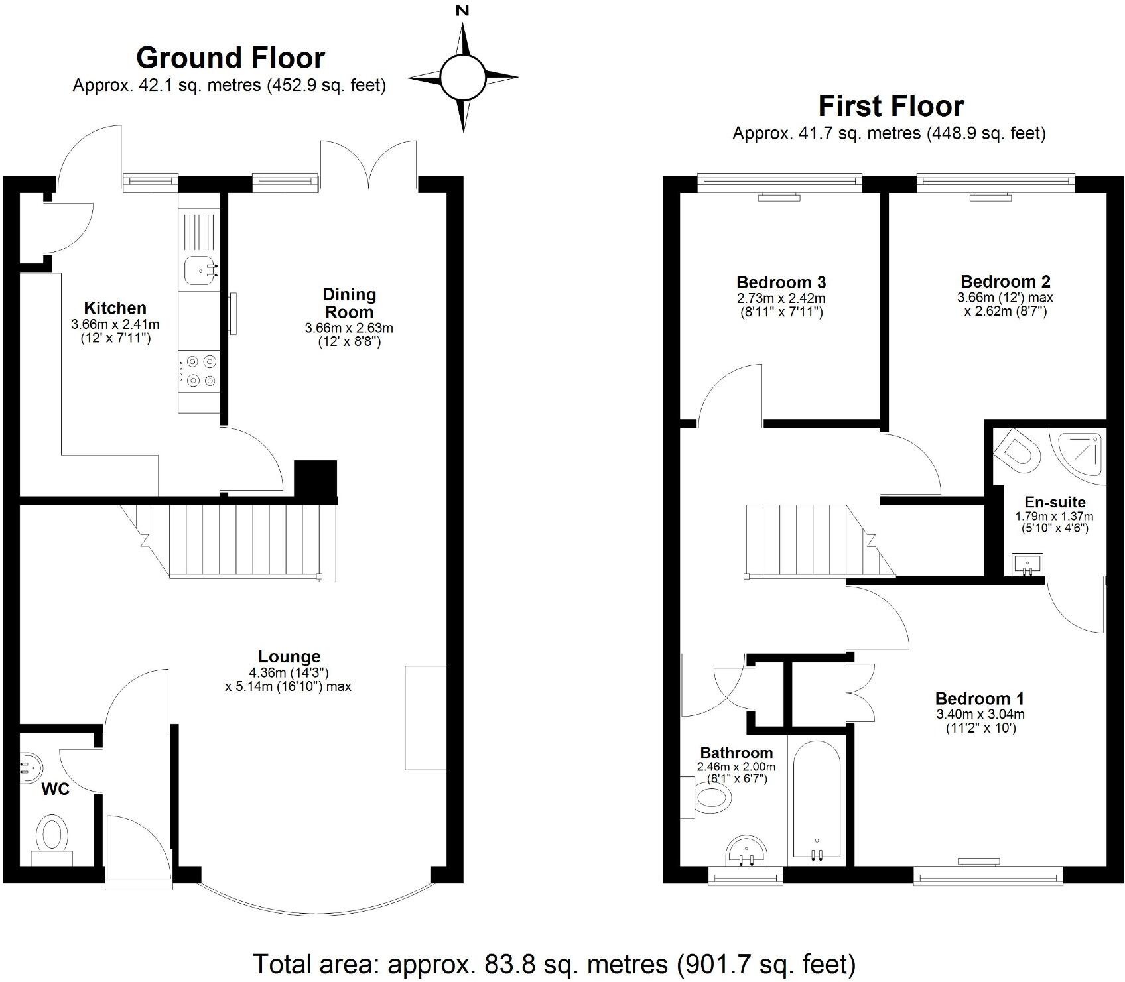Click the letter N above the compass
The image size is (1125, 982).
point(463,10)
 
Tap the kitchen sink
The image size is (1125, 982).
point(199,271)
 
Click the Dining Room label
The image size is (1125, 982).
point(349,303)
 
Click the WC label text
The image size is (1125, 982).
point(56,790)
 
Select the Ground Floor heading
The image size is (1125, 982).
point(230,58)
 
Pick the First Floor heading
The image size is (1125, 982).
point(890,106)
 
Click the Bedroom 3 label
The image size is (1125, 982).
point(781,283)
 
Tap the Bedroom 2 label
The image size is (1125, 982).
point(1005,282)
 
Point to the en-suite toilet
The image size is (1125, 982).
point(1018,451)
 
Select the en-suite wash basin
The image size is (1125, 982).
point(1027,565)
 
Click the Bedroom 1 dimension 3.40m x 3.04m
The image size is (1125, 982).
point(980,714)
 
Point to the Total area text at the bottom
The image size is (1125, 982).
point(555,964)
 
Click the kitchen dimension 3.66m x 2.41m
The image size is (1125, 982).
point(115,325)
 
